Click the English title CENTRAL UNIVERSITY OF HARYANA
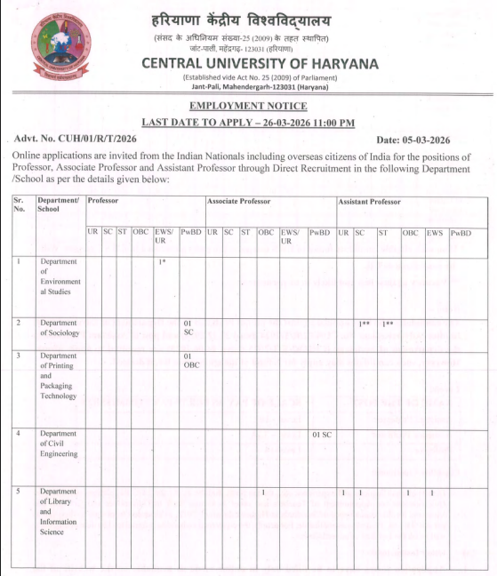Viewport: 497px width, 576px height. coord(260,64)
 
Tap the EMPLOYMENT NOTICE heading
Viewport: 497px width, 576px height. coord(248,106)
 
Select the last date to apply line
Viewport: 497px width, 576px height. coord(248,122)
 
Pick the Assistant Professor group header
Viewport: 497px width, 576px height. coord(369,202)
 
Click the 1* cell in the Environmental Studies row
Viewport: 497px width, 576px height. coord(163,261)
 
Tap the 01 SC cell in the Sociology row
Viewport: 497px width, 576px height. coord(188,327)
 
